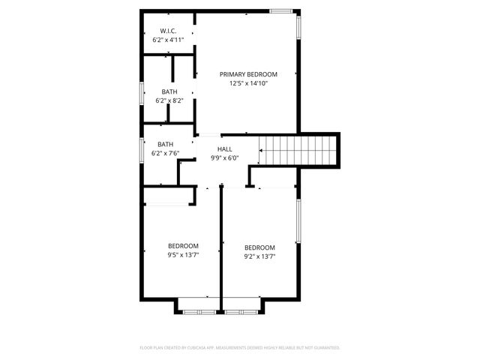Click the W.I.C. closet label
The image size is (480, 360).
(x=168, y=31)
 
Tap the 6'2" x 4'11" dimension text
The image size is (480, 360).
(x=168, y=39)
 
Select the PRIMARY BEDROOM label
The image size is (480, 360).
(x=248, y=74)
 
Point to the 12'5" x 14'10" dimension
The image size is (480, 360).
(x=248, y=83)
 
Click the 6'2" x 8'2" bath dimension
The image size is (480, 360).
(x=169, y=100)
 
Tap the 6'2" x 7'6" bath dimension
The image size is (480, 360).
(x=165, y=154)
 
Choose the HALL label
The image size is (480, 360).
(x=224, y=149)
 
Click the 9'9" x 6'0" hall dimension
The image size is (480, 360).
(x=224, y=158)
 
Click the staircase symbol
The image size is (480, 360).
(x=295, y=150)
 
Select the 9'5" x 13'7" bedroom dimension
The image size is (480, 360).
(x=183, y=255)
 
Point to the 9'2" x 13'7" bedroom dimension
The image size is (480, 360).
(x=259, y=256)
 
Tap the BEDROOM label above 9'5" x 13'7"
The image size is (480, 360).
(x=183, y=246)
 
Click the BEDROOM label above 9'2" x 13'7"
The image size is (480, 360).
(x=259, y=247)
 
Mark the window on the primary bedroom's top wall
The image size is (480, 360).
(x=281, y=10)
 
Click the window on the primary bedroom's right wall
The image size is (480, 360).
(x=298, y=27)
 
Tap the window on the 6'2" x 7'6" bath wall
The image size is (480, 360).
(x=142, y=148)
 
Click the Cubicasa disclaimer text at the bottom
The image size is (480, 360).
(x=240, y=348)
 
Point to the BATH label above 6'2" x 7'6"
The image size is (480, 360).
(x=165, y=145)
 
